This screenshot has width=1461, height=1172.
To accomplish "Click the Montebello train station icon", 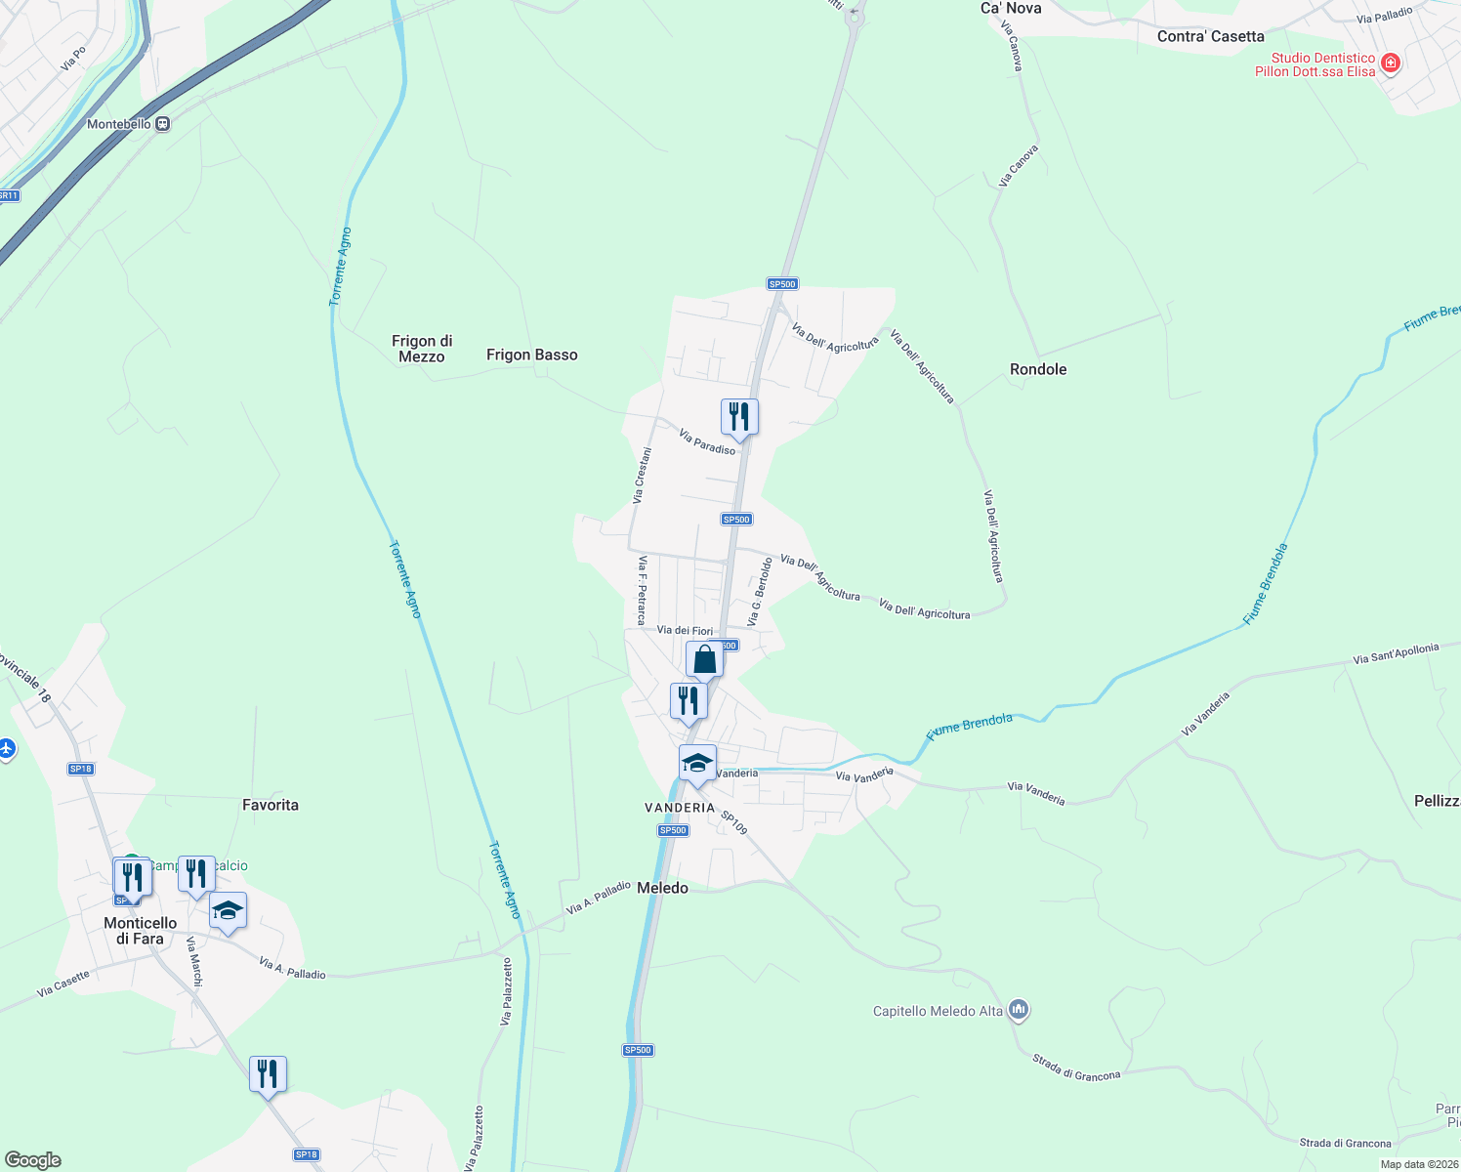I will tap(163, 124).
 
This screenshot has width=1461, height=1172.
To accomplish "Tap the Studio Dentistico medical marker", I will tap(1392, 64).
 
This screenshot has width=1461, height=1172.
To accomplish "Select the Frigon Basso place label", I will tap(531, 355).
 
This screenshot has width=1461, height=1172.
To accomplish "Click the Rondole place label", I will tap(1037, 369).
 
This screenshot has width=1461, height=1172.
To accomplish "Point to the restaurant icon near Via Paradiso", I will tap(739, 417).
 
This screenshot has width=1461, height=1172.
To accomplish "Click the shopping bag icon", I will tap(704, 660).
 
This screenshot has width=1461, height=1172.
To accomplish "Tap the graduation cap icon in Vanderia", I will tap(697, 763).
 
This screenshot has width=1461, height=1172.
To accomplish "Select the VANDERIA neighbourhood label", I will tap(680, 808).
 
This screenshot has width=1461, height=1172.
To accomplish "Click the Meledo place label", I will tap(662, 888).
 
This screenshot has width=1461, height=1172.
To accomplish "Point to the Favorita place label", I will tap(271, 805).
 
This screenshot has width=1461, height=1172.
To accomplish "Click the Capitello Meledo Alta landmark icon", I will tap(1019, 1010).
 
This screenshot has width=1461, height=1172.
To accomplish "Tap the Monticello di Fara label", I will tap(141, 931).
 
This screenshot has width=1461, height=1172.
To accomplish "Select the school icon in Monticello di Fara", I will tap(228, 910).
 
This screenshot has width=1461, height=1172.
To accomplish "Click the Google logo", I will tap(33, 1160).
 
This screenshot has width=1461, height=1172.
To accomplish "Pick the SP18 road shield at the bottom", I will tap(307, 1154).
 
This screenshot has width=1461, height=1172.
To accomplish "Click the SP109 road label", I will tap(734, 822).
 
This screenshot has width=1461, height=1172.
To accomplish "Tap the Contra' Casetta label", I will tap(1210, 36).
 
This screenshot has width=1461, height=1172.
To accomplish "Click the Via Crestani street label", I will tap(642, 476).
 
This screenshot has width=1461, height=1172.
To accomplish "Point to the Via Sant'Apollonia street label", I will tap(1396, 654).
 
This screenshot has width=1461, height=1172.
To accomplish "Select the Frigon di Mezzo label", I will tap(422, 349).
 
